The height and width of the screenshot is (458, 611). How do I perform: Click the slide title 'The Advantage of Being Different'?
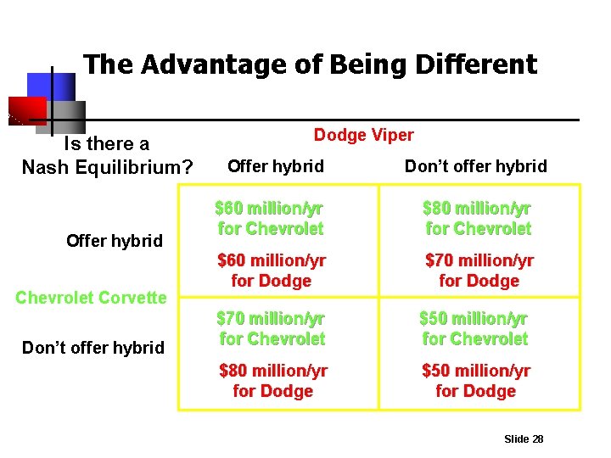coord(310,64)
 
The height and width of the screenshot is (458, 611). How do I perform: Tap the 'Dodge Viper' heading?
coord(363,135)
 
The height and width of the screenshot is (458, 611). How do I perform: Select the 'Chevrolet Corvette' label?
coord(92,298)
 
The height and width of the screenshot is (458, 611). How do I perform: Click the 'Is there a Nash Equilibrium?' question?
coord(107,155)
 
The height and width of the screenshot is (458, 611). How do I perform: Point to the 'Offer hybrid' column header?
coord(276,166)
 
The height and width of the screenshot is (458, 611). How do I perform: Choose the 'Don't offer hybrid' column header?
coord(475,166)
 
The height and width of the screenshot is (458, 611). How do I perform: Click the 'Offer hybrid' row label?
coord(114,241)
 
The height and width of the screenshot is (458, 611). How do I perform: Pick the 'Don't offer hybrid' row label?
coord(92,347)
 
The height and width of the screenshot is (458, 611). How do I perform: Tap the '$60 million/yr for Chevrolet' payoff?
coord(270,218)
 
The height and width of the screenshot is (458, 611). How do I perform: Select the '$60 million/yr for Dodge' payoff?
coord(272,270)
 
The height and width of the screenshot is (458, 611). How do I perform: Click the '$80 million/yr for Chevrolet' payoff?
coord(478,218)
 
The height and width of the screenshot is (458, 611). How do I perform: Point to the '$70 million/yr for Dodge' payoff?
coord(479,270)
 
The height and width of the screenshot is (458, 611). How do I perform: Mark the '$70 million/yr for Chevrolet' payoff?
coord(272,328)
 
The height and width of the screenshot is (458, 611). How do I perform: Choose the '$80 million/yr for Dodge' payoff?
coord(272,381)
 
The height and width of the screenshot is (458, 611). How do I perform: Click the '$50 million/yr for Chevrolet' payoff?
coord(474,328)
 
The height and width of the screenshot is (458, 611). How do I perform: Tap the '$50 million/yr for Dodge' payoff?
coord(475,381)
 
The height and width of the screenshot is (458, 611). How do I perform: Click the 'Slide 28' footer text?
coord(523,438)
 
